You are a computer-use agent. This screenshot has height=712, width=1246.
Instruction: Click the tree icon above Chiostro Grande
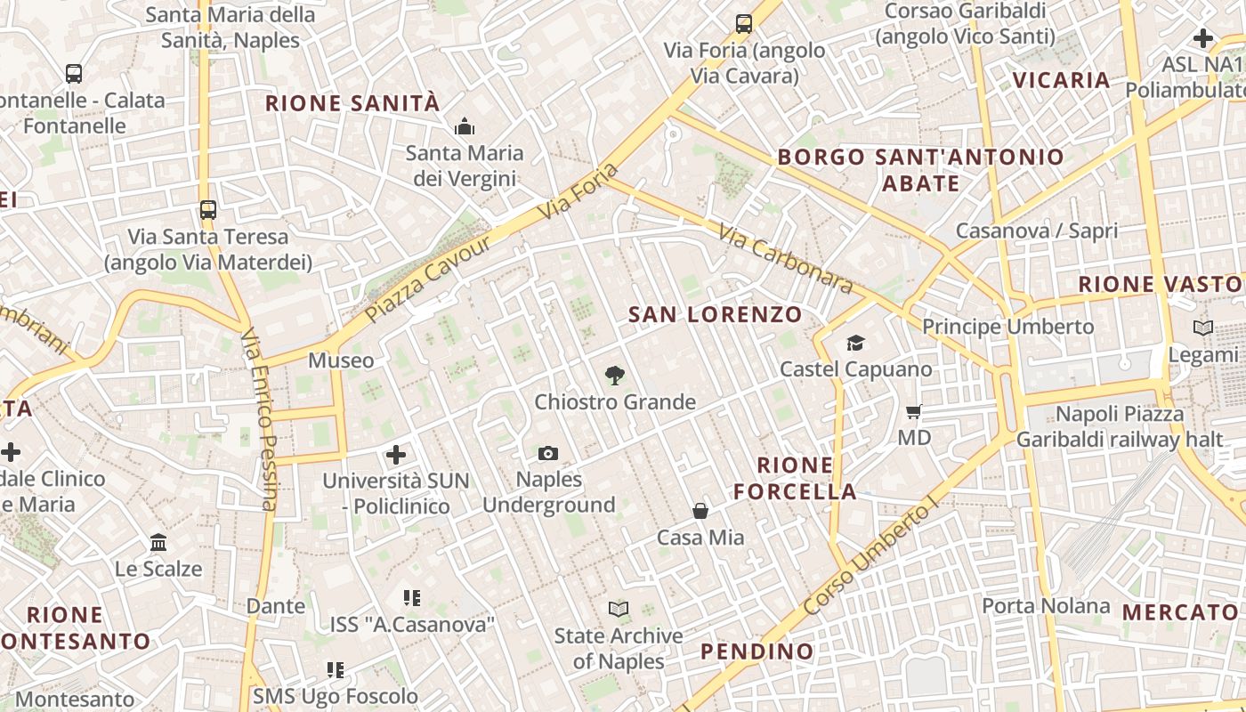[x=613, y=376]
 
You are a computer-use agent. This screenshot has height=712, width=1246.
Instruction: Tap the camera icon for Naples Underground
[x=548, y=454]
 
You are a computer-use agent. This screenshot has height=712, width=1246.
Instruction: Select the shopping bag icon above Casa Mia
[x=700, y=511]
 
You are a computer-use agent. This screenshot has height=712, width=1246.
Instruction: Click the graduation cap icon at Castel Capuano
[x=855, y=343]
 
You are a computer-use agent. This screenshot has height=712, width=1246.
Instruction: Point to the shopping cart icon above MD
[x=913, y=412]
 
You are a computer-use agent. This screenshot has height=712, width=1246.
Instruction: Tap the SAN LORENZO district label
[x=715, y=314]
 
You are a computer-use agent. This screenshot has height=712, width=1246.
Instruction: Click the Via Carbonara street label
[x=786, y=259]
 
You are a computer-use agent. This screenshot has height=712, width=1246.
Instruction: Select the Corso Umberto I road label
[x=870, y=556]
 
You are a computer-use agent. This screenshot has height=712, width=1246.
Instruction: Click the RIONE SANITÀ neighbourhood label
[x=352, y=103]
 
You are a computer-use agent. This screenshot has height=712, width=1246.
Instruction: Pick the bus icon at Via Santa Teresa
[x=207, y=210]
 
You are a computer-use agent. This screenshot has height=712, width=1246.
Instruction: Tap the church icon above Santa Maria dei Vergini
[x=464, y=127]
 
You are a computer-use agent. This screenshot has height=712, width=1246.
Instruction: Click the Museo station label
[x=341, y=360]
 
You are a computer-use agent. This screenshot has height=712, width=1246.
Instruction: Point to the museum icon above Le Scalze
[x=158, y=542]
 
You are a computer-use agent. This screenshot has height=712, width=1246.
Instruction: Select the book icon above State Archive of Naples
[x=618, y=610]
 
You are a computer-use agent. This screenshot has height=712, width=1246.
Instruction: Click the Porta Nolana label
[x=1046, y=606]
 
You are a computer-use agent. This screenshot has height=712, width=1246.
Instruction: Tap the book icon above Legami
[x=1203, y=328]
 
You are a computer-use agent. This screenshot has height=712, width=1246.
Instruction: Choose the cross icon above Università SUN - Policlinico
[x=396, y=456]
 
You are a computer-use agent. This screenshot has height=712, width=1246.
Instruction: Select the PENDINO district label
[x=756, y=651]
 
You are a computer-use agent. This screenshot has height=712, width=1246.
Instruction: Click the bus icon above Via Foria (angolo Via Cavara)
[x=744, y=24]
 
